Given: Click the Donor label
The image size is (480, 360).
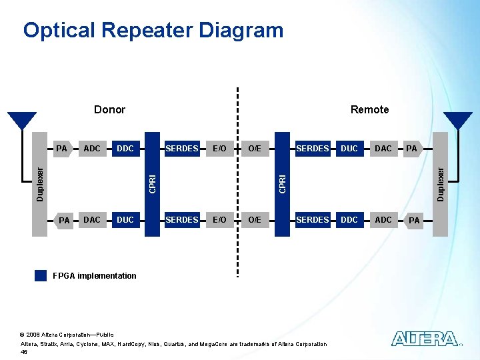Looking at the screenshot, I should tap(109, 109).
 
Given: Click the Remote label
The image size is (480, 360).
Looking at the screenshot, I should tap(369, 109).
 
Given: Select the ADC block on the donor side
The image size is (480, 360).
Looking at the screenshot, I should tap(92, 148).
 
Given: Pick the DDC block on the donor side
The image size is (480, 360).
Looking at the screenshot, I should tap(125, 148).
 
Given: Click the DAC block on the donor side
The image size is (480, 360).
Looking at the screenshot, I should tap(92, 219).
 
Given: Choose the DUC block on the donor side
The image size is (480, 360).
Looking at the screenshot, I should tap(125, 219).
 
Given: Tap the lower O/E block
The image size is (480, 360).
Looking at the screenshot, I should tap(254, 219).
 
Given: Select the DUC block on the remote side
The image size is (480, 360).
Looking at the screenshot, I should tap(349, 148).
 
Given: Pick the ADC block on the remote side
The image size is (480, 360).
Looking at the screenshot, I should tap(383, 219).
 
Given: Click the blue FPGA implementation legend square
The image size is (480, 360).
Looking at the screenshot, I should tap(41, 275).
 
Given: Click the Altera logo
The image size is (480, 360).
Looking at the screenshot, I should tap(425, 339).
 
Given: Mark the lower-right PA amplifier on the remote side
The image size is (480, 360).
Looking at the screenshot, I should tap(415, 220).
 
